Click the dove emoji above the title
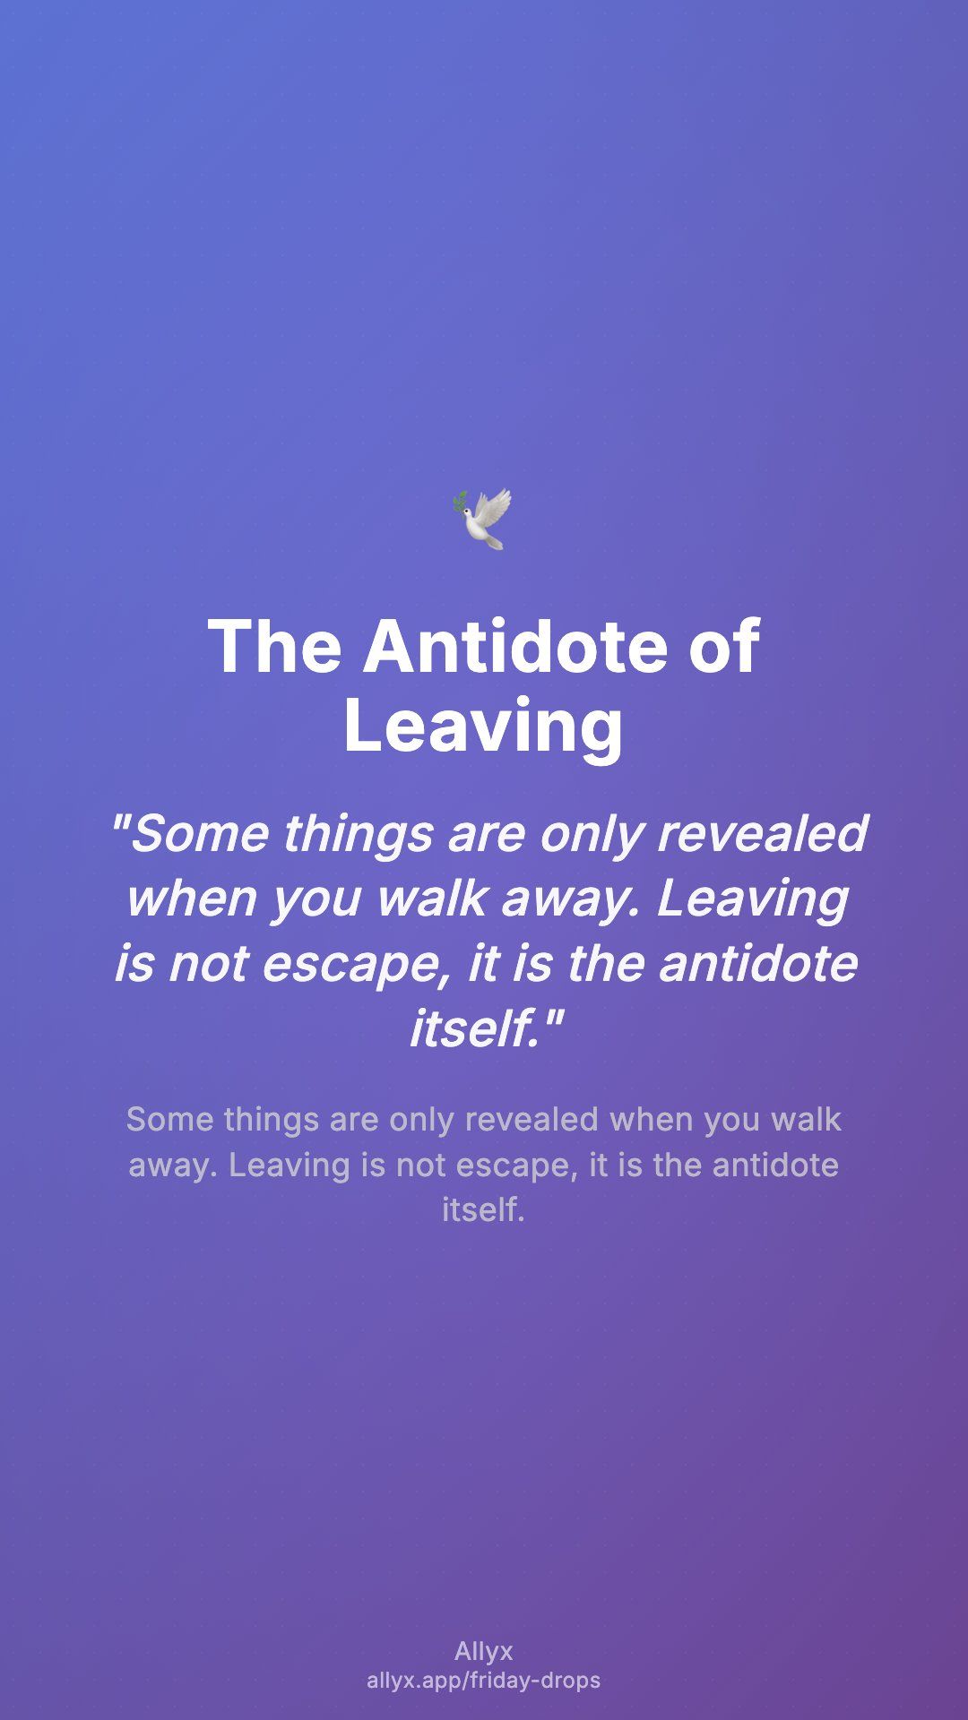click(x=482, y=519)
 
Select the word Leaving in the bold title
click(x=483, y=726)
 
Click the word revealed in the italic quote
click(x=763, y=833)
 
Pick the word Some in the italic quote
click(x=190, y=833)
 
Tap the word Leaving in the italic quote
click(x=753, y=899)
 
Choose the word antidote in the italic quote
click(x=758, y=963)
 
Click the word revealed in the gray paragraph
click(x=532, y=1120)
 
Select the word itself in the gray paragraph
click(x=483, y=1210)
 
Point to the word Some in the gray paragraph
click(x=170, y=1120)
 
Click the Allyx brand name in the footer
click(x=484, y=1651)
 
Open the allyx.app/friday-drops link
click(x=484, y=1681)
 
